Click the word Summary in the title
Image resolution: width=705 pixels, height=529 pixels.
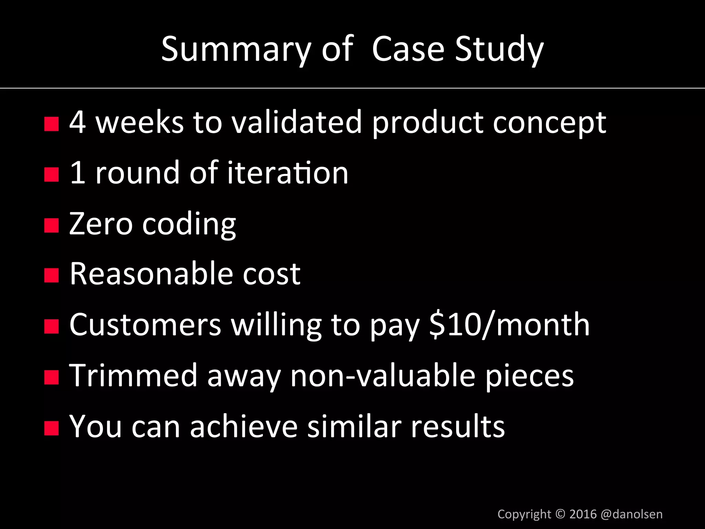(x=236, y=49)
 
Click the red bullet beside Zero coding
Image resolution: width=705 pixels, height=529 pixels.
(x=52, y=226)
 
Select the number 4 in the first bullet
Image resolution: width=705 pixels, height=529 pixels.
(x=77, y=122)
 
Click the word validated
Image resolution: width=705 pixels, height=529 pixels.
(x=297, y=122)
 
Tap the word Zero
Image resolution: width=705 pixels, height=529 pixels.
(x=101, y=224)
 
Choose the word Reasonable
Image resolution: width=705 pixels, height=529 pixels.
(x=151, y=274)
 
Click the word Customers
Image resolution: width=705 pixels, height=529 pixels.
(x=145, y=325)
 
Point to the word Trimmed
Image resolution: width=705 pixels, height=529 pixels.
(x=133, y=375)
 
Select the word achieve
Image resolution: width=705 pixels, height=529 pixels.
(x=243, y=426)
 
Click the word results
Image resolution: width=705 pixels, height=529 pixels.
(x=458, y=426)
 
